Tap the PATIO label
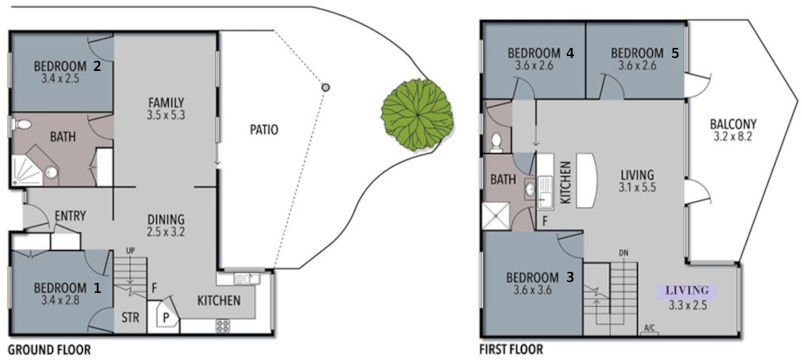tap(264, 129)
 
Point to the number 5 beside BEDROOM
tap(676, 53)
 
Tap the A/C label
tap(649, 327)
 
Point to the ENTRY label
tap(70, 215)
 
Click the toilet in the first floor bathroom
tap(496, 140)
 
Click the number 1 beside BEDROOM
tap(97, 285)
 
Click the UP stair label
tap(131, 250)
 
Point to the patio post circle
tap(325, 88)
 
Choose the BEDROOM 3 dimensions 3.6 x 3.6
tap(534, 291)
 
